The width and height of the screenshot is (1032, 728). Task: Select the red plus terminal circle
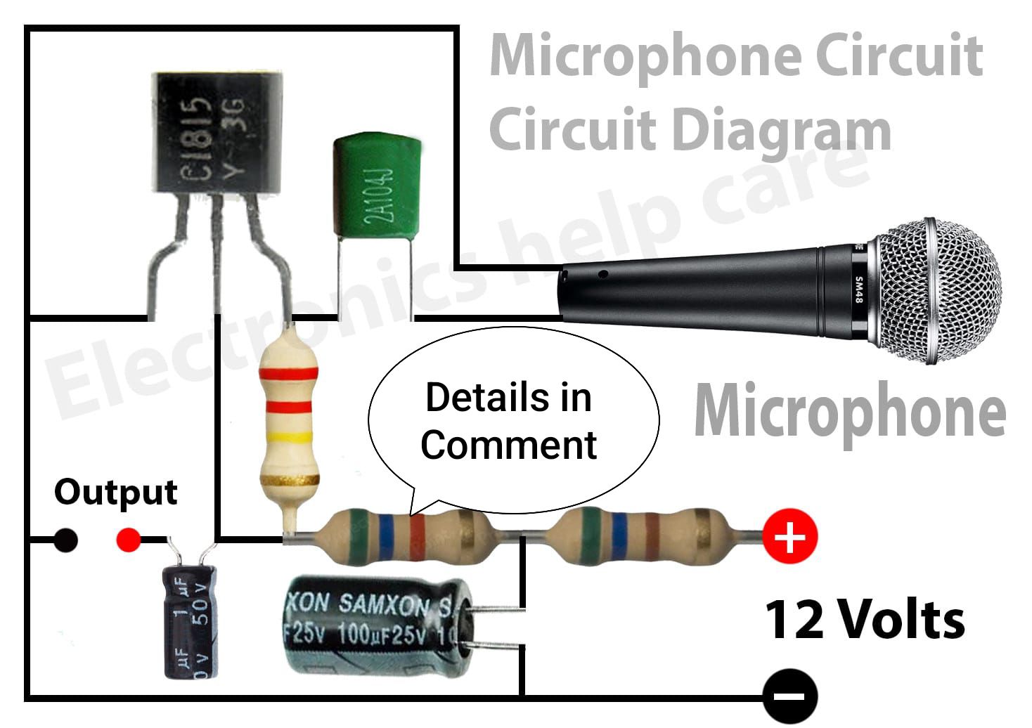789,536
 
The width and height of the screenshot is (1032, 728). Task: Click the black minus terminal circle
789,696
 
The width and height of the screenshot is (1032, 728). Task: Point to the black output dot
65,540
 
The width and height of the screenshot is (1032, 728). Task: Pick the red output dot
129,540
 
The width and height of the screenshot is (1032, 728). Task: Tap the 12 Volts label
865,620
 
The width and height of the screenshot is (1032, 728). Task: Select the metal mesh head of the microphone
938,291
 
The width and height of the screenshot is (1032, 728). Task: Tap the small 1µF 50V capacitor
190,623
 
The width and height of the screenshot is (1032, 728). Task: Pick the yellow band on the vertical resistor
290,436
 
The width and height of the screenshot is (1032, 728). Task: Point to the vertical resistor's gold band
290,480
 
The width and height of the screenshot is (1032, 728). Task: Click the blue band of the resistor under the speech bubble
386,537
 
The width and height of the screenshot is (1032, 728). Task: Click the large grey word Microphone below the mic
850,411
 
